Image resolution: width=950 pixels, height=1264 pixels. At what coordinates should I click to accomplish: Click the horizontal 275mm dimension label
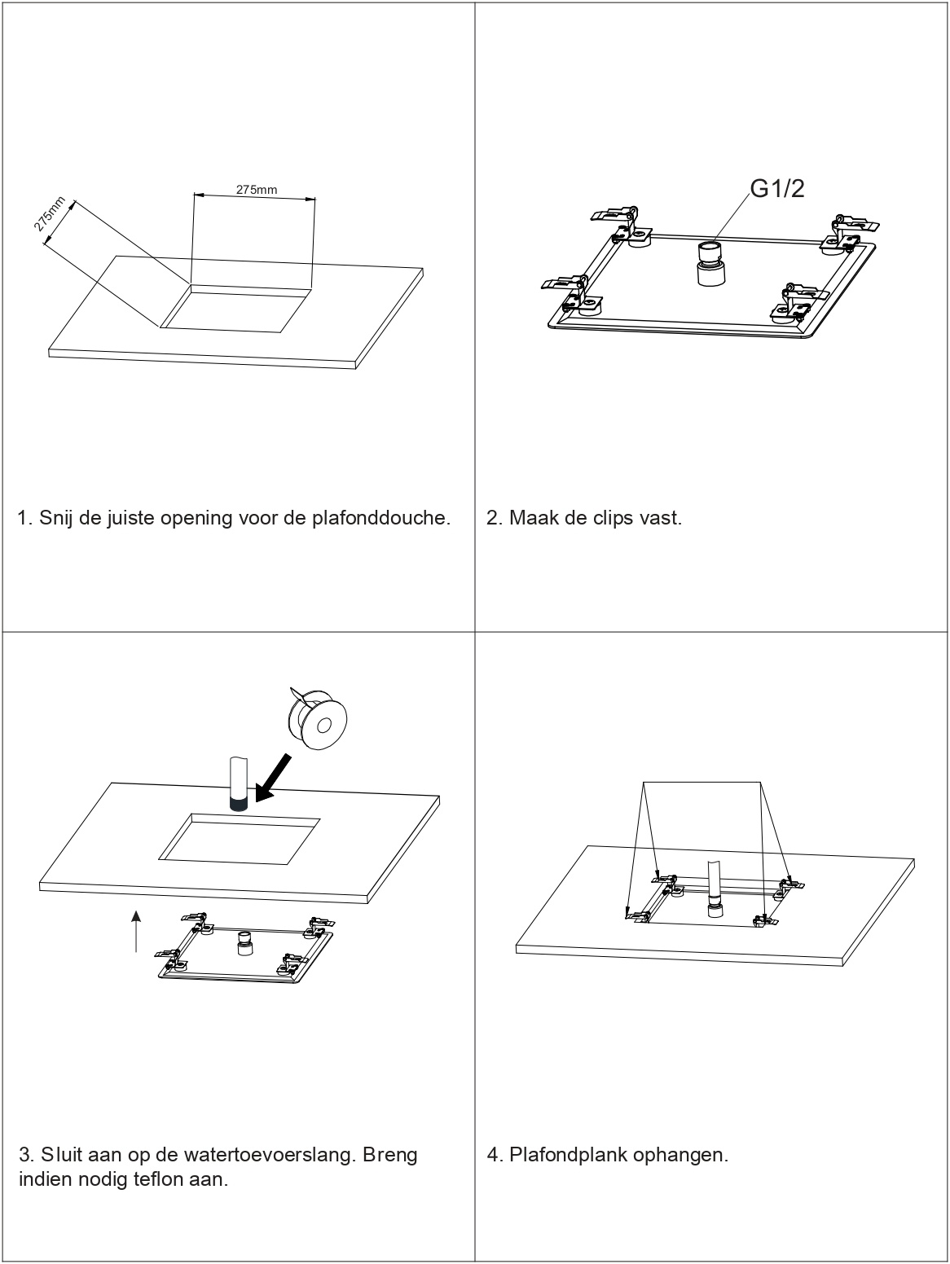(x=257, y=190)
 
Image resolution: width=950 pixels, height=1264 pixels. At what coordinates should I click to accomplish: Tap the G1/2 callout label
(x=776, y=189)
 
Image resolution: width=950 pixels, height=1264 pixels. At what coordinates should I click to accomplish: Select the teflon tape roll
(x=319, y=718)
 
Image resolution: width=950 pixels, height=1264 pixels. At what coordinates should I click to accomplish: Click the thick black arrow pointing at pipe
(x=274, y=777)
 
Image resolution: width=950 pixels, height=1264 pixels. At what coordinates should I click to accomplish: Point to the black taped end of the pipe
(x=238, y=805)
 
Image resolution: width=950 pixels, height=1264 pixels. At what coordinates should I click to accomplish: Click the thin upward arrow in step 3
(x=136, y=930)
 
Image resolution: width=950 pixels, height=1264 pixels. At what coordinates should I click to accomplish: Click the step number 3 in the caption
(x=24, y=1155)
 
